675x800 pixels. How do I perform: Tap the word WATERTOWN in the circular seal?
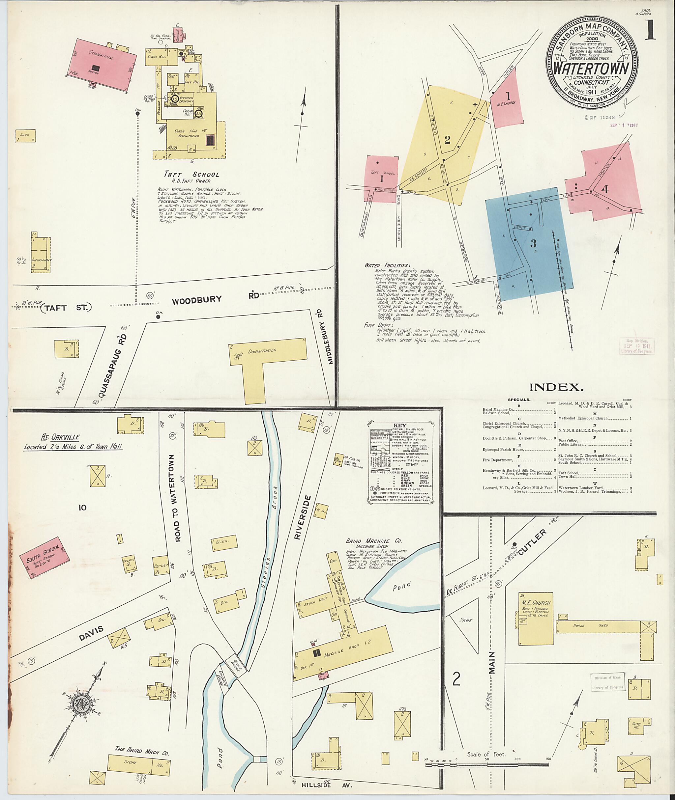click(592, 69)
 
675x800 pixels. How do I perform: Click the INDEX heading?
click(556, 387)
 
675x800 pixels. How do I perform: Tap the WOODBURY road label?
click(197, 300)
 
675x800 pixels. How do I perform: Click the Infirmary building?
click(41, 255)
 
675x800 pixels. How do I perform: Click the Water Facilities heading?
click(387, 265)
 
